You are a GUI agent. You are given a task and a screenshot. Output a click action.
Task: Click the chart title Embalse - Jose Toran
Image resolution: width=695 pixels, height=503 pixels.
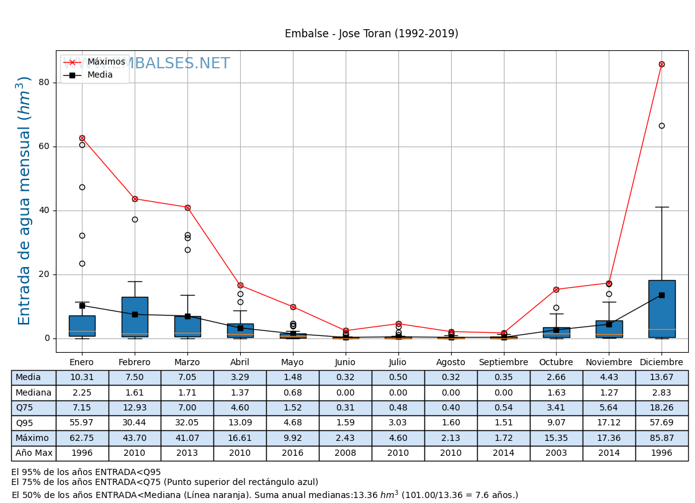coord(371,34)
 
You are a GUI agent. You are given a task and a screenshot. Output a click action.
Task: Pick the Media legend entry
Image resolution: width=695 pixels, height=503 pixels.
coord(100,75)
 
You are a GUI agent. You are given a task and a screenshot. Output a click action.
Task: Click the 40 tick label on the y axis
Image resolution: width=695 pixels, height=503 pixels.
coord(43,211)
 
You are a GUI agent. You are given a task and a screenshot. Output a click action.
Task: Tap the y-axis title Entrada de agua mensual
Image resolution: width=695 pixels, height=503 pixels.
coord(24,200)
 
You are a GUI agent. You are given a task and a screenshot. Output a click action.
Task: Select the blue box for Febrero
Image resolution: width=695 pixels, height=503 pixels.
coord(135,317)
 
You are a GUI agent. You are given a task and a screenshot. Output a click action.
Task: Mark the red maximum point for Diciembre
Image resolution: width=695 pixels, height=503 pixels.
coord(661,64)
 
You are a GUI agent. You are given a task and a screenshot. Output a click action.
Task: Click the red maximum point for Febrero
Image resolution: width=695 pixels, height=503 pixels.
coord(135,199)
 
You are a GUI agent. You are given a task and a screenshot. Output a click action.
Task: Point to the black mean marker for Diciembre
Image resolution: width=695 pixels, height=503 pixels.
coord(661,295)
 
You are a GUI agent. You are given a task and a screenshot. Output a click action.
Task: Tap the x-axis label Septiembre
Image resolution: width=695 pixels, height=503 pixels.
coord(503,363)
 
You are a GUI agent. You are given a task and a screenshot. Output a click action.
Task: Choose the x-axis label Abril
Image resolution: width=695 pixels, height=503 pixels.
coord(240,363)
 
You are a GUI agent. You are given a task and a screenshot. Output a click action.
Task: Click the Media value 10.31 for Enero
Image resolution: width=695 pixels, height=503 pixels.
coord(82,378)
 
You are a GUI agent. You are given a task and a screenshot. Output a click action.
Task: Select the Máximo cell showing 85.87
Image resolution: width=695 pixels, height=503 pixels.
coord(661,438)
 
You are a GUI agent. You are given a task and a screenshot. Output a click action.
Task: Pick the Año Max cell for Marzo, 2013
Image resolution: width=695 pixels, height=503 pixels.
coord(187,453)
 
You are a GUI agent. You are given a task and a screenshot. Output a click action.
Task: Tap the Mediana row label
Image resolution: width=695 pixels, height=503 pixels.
coord(34,392)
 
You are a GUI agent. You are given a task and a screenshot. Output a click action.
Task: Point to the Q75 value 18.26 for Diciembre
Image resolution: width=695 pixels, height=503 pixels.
coord(661,408)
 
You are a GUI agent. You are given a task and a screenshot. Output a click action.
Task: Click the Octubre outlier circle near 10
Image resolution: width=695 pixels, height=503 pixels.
coord(556,307)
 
